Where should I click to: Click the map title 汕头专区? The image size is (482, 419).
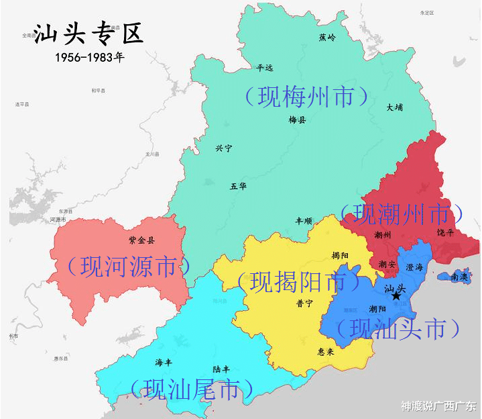pyautogui.click(x=88, y=34)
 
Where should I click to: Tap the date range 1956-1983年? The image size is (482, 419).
pyautogui.click(x=90, y=57)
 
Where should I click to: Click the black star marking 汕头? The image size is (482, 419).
pyautogui.click(x=396, y=296)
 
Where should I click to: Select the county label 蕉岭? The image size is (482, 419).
pyautogui.click(x=327, y=37)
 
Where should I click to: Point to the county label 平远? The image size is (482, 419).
pyautogui.click(x=265, y=67)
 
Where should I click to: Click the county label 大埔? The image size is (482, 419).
pyautogui.click(x=395, y=107)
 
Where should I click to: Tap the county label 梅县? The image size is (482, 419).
pyautogui.click(x=297, y=120)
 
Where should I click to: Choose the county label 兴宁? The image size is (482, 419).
pyautogui.click(x=224, y=148)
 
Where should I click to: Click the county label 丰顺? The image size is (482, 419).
pyautogui.click(x=304, y=221)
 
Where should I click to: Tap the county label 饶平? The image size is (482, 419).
pyautogui.click(x=445, y=232)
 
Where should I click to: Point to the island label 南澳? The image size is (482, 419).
pyautogui.click(x=459, y=276)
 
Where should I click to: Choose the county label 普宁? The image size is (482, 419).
pyautogui.click(x=304, y=303)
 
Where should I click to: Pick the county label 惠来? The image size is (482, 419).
pyautogui.click(x=326, y=350)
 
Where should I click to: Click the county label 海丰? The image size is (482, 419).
pyautogui.click(x=164, y=363)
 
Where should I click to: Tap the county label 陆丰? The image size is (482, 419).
pyautogui.click(x=222, y=369)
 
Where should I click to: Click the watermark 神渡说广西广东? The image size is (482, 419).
pyautogui.click(x=438, y=406)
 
